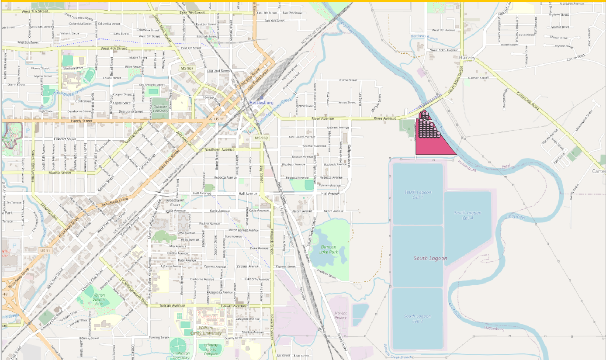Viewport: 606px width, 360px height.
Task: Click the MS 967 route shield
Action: click(x=187, y=69)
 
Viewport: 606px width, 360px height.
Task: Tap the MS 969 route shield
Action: click(x=261, y=138)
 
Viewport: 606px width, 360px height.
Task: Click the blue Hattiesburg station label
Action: click(x=261, y=103)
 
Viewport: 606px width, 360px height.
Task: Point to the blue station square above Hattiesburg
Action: click(x=261, y=97)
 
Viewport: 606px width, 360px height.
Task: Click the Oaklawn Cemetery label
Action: click(x=160, y=108)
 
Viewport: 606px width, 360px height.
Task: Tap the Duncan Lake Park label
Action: click(x=332, y=249)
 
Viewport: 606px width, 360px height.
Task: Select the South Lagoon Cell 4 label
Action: click(x=467, y=215)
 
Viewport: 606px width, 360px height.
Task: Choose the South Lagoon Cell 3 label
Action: click(x=417, y=318)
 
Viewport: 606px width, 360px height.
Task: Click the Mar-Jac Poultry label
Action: click(x=340, y=315)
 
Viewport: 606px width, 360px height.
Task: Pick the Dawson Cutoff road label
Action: click(x=478, y=78)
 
